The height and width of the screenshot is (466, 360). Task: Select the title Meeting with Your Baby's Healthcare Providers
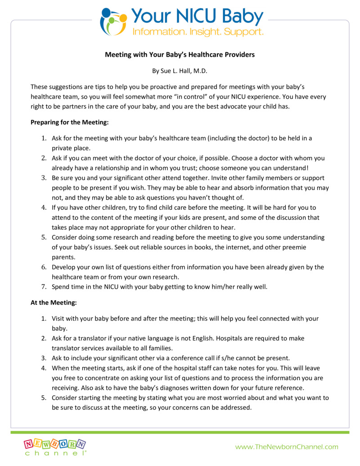[180, 55]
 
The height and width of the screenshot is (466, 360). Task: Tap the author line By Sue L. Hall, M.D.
[180, 71]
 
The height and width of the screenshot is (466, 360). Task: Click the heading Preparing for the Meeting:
[70, 122]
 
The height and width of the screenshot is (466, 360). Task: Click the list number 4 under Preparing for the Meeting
[44, 208]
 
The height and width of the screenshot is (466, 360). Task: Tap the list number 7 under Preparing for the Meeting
[44, 286]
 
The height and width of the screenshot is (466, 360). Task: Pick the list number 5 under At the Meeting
[44, 398]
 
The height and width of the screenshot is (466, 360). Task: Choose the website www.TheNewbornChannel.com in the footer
[287, 447]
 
